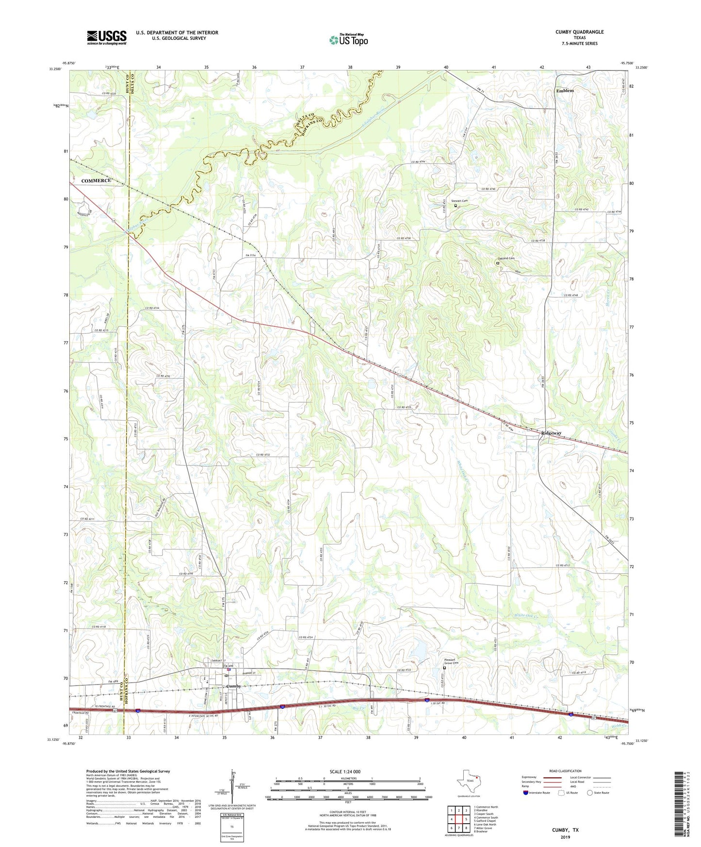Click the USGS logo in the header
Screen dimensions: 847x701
[107, 37]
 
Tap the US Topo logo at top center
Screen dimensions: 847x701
[348, 39]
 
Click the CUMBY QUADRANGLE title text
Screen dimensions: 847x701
[579, 32]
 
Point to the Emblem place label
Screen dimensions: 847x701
[565, 91]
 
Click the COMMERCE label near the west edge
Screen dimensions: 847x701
[96, 181]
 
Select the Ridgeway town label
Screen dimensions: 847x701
[551, 433]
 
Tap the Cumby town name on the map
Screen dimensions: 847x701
[233, 686]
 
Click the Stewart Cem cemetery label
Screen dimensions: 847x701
[459, 201]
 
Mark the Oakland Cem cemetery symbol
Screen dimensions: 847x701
[497, 263]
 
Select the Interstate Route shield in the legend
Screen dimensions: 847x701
[526, 793]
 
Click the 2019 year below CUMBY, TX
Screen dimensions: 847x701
[565, 837]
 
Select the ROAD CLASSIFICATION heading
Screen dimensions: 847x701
[565, 771]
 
